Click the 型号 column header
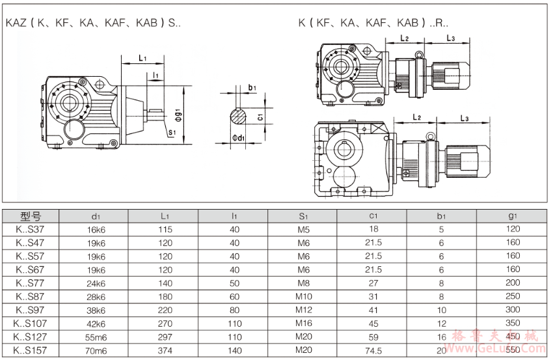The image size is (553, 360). pyautogui.click(x=31, y=216)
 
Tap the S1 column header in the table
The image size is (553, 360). pyautogui.click(x=303, y=216)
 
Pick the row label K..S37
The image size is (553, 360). pyautogui.click(x=31, y=229)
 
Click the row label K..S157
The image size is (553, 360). pyautogui.click(x=31, y=350)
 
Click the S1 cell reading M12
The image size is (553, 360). pyautogui.click(x=303, y=310)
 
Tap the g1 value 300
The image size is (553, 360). pyautogui.click(x=513, y=310)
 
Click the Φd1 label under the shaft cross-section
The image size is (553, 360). pyautogui.click(x=238, y=138)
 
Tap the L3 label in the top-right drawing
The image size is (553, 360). pyautogui.click(x=450, y=38)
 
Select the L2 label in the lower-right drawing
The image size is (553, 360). pyautogui.click(x=417, y=118)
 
